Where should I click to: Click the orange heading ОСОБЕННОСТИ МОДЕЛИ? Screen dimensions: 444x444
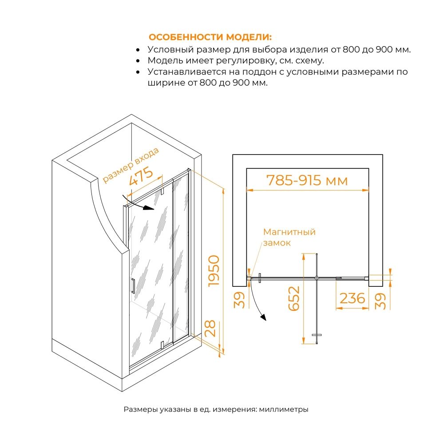[210, 37]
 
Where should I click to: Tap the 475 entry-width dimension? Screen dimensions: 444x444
[141, 176]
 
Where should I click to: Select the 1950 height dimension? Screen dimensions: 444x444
[214, 271]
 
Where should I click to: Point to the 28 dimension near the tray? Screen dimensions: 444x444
[210, 329]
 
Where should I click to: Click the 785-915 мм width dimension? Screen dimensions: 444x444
[307, 180]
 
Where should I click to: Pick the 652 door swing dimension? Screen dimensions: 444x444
[293, 299]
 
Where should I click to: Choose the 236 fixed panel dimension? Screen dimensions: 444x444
[352, 298]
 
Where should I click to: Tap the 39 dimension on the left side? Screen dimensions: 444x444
[239, 300]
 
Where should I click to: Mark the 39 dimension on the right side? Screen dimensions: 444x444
[381, 301]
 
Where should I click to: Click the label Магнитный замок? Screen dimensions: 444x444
[289, 237]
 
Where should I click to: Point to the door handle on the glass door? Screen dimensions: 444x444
[133, 286]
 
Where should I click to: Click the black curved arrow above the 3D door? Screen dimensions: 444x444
[138, 203]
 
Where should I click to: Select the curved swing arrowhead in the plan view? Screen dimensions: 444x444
[264, 317]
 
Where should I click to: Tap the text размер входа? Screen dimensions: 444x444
[131, 165]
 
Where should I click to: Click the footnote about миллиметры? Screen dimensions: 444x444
[216, 409]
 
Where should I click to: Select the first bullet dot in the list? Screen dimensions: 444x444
[138, 50]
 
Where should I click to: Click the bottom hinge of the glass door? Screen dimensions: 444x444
[162, 345]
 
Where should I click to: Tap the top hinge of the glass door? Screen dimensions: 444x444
[163, 191]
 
